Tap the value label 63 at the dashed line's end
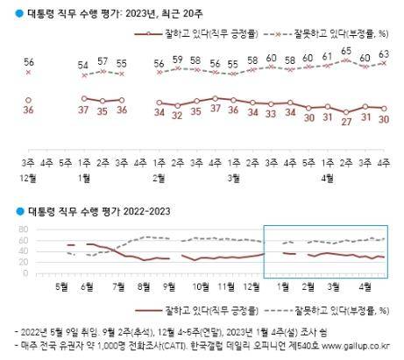[x=384, y=53]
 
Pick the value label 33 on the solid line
[x=271, y=113]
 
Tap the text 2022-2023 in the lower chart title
[x=130, y=211]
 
